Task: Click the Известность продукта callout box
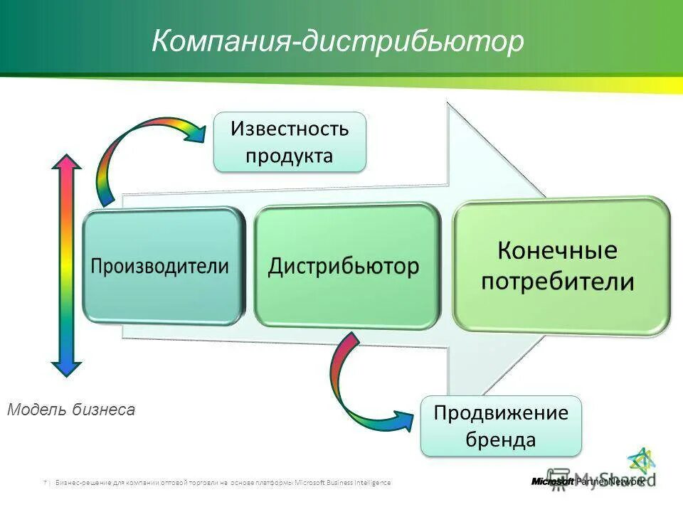tap(290, 142)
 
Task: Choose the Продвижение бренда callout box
tap(501, 426)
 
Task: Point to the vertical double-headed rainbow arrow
tap(67, 267)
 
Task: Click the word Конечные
tap(557, 250)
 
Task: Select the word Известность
tap(290, 129)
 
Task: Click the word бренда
tap(501, 439)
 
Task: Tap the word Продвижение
tap(501, 413)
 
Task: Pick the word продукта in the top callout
tap(290, 155)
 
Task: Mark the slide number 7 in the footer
tap(45, 483)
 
